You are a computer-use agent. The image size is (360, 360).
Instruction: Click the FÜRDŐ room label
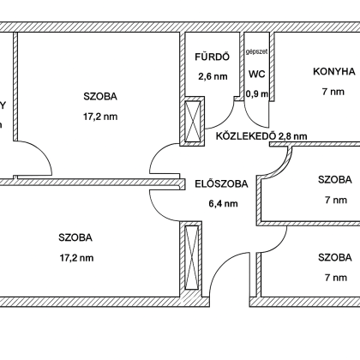(213, 58)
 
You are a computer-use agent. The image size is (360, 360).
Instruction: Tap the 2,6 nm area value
(213, 76)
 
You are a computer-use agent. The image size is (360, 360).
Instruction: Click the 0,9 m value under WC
(257, 93)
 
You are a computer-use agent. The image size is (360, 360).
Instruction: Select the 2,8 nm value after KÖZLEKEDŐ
(291, 135)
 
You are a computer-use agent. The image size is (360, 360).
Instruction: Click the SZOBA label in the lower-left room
(76, 237)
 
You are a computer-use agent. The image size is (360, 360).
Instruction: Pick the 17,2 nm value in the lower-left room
(76, 256)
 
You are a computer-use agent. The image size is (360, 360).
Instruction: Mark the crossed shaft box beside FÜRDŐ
(195, 121)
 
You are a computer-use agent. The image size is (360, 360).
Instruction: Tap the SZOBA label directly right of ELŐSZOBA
(334, 180)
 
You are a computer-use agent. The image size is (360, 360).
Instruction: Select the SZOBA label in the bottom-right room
(334, 257)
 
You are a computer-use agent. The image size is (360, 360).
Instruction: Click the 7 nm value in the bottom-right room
(334, 277)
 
